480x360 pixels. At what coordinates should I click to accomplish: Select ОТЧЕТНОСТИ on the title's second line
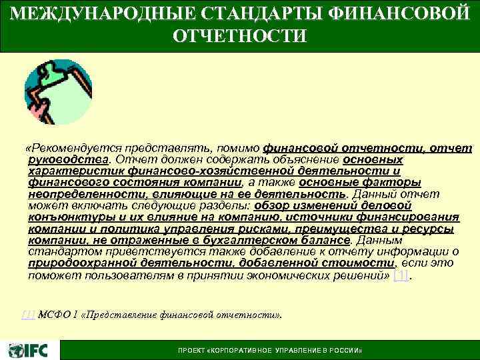click(240, 35)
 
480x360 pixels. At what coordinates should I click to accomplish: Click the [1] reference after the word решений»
click(399, 274)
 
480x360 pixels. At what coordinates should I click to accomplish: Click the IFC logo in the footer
click(27, 349)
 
